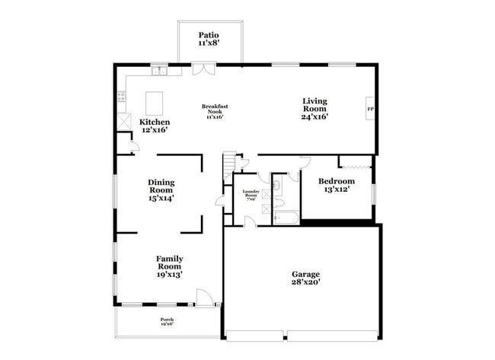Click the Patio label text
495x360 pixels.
tap(208, 35)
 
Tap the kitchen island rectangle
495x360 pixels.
tap(155, 100)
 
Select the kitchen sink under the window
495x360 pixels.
tap(158, 72)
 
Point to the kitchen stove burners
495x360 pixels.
tap(121, 97)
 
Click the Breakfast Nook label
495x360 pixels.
tap(215, 107)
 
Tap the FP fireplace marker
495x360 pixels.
tap(371, 109)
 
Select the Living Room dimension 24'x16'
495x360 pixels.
tap(315, 117)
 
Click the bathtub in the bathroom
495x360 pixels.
tap(286, 219)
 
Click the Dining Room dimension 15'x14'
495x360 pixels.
tap(161, 198)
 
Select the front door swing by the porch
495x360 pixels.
tap(202, 298)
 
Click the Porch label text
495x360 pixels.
tap(167, 319)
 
